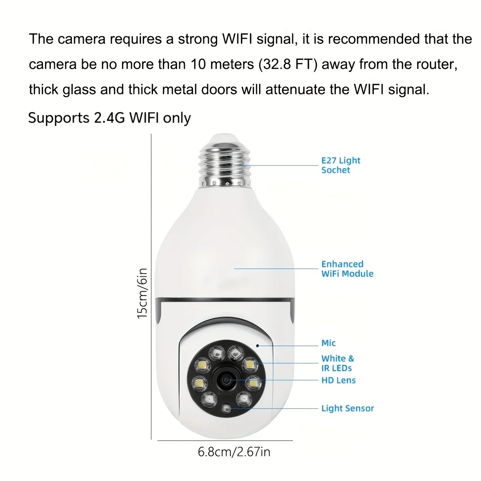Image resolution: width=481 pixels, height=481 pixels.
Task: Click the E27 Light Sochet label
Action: (341, 165)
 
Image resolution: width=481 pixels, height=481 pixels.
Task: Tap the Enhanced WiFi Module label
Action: (347, 269)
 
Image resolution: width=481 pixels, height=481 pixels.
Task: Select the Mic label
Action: (328, 343)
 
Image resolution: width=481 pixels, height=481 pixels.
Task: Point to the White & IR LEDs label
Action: (338, 363)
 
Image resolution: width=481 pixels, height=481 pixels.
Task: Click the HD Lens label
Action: (338, 380)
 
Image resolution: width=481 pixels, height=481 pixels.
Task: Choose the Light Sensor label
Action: (348, 408)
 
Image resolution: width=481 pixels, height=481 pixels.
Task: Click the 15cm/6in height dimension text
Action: (142, 293)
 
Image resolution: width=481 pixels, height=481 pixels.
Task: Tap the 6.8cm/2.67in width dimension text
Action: (234, 452)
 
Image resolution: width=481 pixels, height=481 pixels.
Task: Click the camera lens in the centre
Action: (226, 381)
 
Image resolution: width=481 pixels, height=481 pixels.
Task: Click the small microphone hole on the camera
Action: (258, 346)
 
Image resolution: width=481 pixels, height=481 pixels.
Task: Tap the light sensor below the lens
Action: (226, 409)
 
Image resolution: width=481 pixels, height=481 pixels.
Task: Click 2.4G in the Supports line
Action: (109, 118)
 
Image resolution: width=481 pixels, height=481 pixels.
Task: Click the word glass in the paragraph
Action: (79, 90)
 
